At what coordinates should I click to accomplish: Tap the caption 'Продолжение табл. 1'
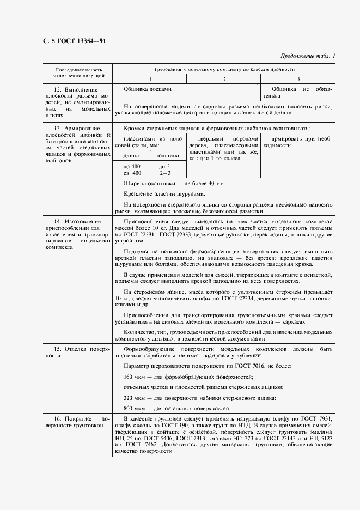pyautogui.click(x=307, y=56)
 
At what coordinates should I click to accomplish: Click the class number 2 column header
pyautogui.click(x=224, y=79)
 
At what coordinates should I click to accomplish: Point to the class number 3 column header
pyautogui.click(x=298, y=79)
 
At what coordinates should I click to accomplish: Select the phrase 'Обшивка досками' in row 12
pyautogui.click(x=147, y=89)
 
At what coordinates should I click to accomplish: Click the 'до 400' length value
pyautogui.click(x=132, y=166)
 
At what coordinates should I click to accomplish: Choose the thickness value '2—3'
pyautogui.click(x=164, y=173)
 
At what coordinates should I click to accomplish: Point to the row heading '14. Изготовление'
pyautogui.click(x=77, y=222)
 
